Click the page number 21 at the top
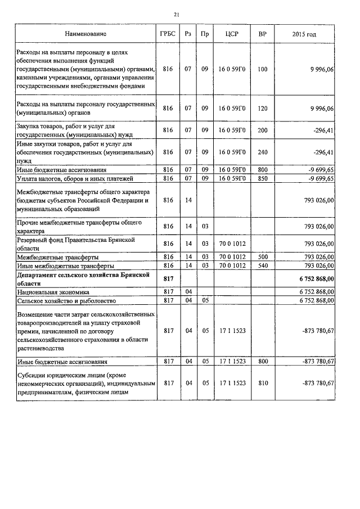pos(177,15)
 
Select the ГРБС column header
pos(167,34)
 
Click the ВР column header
pos(262,34)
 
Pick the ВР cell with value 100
pos(262,69)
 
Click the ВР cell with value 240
pos(262,152)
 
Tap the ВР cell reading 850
pos(262,178)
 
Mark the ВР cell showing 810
pos(262,383)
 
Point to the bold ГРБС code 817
pos(167,278)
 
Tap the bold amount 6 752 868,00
pos(311,278)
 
